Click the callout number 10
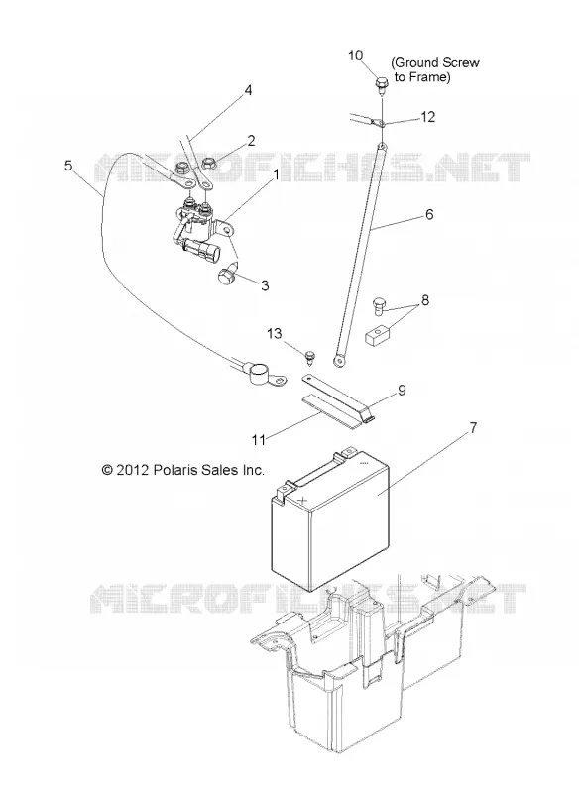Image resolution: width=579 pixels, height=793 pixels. point(356,56)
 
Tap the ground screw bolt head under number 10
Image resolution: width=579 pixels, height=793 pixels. point(381,83)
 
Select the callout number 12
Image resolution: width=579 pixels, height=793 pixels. point(427,117)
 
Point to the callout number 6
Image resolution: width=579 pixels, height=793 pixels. point(429,214)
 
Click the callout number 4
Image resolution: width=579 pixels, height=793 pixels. point(248,90)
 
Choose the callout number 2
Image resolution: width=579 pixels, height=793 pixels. point(251,141)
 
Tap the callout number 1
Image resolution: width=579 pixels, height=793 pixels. point(276,175)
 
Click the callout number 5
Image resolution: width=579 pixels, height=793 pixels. point(68,166)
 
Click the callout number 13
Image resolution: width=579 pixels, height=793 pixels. point(275,334)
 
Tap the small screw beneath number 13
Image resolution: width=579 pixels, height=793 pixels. point(310,357)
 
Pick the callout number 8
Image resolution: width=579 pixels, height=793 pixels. point(425,300)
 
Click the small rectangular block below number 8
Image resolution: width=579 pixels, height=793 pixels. point(377,337)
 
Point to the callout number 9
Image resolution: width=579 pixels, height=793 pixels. point(402,391)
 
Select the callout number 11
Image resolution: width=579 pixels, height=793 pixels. point(259,440)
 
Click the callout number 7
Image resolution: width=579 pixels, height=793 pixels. point(473,428)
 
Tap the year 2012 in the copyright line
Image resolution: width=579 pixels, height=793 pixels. point(132,470)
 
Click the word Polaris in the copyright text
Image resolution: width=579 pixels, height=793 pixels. point(173,470)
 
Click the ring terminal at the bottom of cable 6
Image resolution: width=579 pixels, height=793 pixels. point(338,361)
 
